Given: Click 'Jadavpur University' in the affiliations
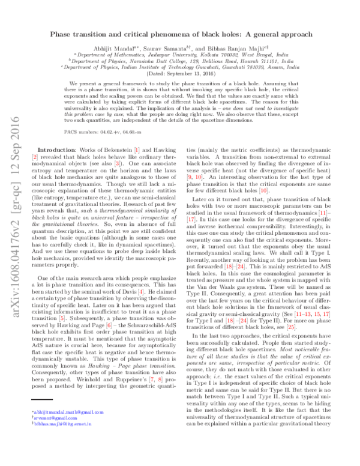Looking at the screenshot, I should tap(167, 54).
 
